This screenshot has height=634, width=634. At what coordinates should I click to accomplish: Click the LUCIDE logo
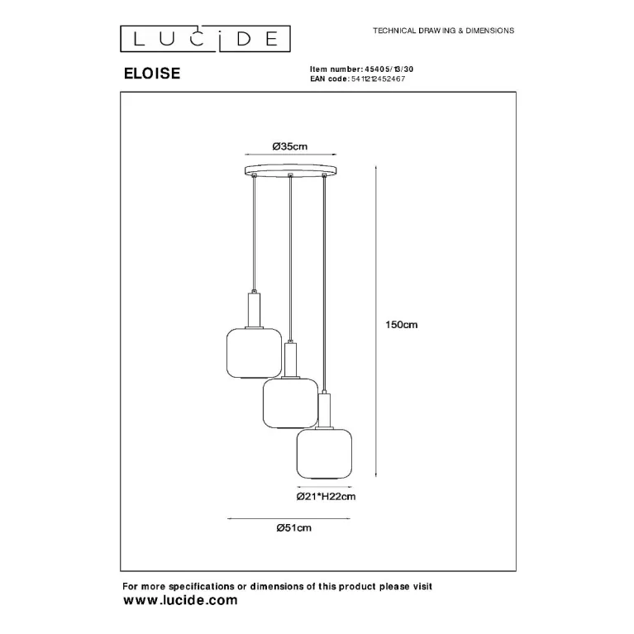tap(205, 39)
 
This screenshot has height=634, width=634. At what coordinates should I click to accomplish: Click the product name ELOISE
tap(152, 74)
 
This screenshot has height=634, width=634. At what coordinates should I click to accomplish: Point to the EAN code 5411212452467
tap(378, 79)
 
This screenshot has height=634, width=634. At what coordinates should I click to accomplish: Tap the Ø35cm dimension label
tap(290, 146)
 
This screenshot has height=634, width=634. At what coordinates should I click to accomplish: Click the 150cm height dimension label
tap(401, 324)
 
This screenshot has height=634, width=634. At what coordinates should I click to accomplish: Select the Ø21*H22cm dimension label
tap(326, 497)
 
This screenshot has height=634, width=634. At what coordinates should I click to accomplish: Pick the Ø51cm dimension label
tap(294, 527)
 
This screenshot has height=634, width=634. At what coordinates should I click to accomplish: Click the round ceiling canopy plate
tap(290, 169)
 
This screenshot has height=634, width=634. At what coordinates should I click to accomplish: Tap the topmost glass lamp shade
tap(254, 353)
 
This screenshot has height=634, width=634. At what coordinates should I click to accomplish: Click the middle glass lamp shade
tap(290, 403)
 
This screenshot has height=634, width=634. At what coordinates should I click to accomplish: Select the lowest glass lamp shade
tap(324, 454)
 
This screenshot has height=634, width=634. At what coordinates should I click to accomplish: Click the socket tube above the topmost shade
tap(254, 309)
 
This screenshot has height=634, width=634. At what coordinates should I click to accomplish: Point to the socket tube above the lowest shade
tap(325, 410)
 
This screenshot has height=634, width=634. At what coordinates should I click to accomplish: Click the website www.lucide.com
tap(180, 600)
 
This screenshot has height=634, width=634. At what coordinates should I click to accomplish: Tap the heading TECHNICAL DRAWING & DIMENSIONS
tap(444, 31)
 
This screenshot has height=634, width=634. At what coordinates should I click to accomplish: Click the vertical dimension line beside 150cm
tap(376, 321)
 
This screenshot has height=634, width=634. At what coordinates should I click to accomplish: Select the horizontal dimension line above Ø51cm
tap(288, 519)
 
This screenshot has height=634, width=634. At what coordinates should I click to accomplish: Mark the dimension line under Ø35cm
tap(291, 154)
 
